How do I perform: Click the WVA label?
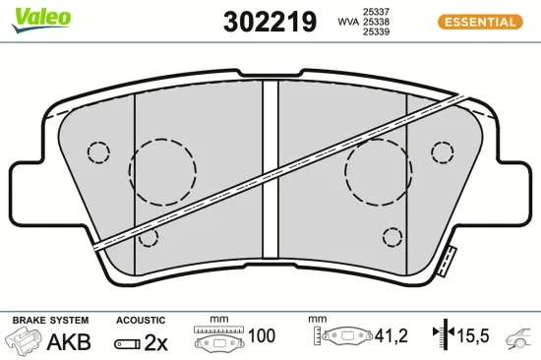347,20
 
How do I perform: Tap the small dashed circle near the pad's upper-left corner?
98,152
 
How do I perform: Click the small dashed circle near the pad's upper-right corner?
444,152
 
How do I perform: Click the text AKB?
70,341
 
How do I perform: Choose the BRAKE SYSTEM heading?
49,321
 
